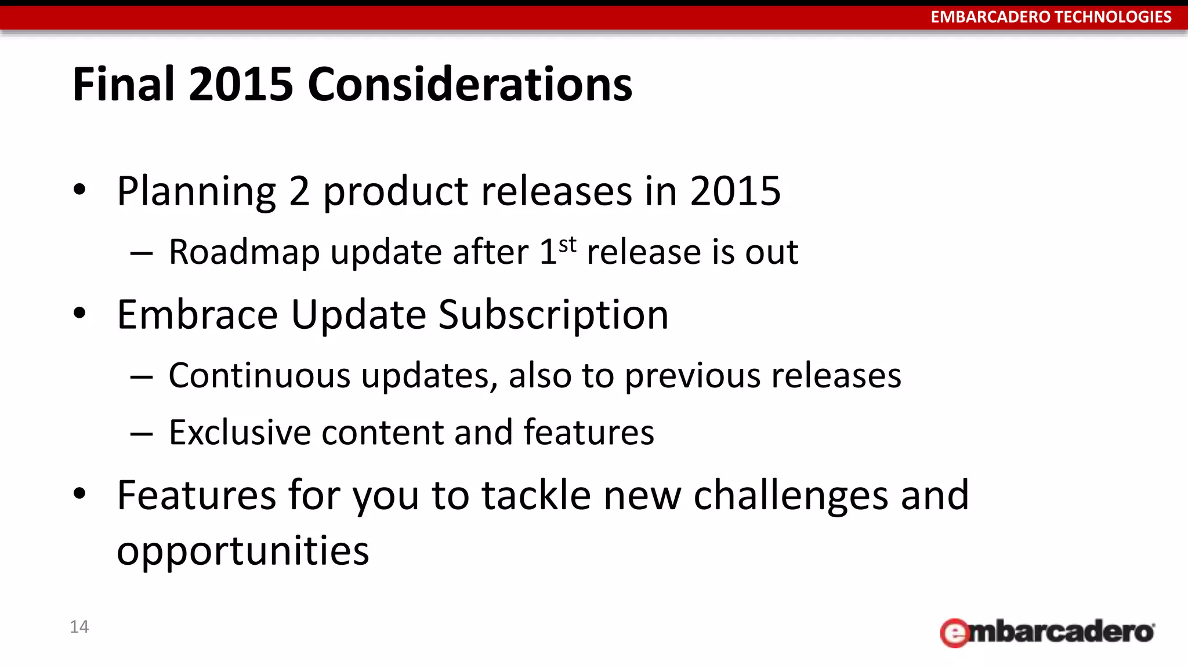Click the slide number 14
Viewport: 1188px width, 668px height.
pos(79,627)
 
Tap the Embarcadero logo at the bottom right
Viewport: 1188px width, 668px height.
pos(1047,632)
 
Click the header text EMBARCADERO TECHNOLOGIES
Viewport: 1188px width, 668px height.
pos(1051,17)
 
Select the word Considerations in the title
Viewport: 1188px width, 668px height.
pos(470,85)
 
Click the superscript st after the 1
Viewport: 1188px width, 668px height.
pos(568,245)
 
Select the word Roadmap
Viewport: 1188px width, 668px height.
pos(244,253)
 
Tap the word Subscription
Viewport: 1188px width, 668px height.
pos(553,315)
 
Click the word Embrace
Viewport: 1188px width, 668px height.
pos(198,315)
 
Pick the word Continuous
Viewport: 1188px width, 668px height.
pos(259,376)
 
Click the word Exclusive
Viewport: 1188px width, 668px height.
pos(240,433)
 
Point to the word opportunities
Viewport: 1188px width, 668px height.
pos(242,551)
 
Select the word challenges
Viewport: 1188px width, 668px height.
pos(791,496)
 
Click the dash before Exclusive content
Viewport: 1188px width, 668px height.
pos(142,434)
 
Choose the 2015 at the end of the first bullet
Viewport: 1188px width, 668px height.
pos(735,191)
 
